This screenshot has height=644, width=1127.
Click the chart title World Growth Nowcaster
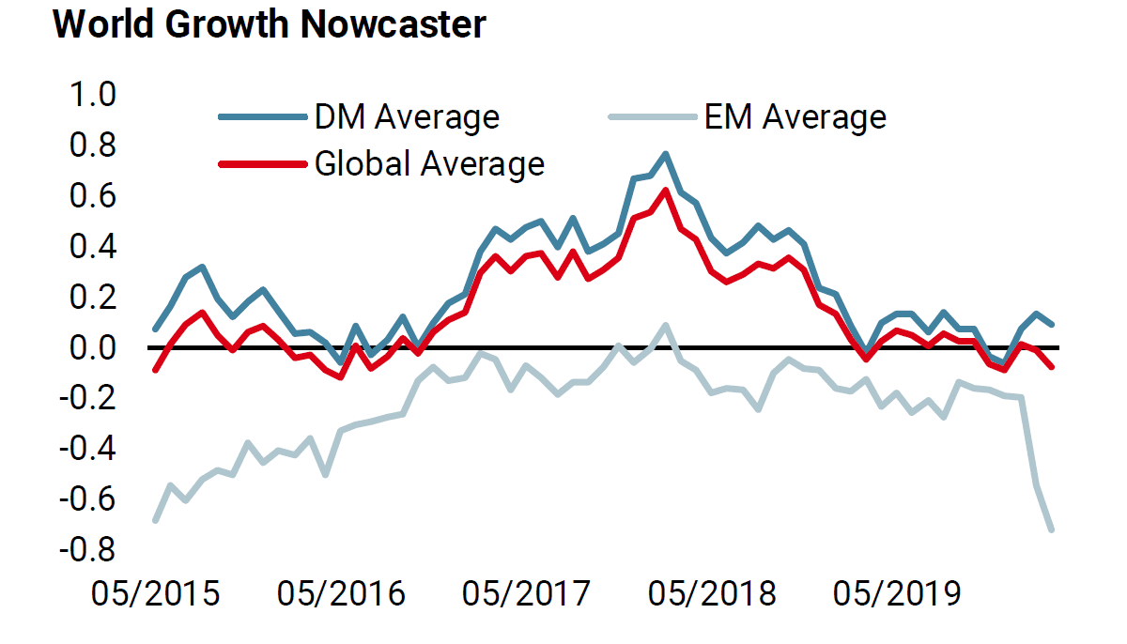(x=270, y=25)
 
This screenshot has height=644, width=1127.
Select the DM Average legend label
(x=407, y=117)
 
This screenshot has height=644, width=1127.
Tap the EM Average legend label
(x=795, y=117)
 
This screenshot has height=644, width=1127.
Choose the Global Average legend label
(x=429, y=163)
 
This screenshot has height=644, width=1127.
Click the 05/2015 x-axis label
(x=155, y=594)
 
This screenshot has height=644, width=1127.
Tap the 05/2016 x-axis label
(x=341, y=594)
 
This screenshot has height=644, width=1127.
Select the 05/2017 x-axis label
(x=527, y=594)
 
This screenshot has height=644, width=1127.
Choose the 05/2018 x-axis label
(x=713, y=594)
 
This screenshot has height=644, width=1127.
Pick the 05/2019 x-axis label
(x=899, y=594)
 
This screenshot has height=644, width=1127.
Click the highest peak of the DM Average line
(x=665, y=153)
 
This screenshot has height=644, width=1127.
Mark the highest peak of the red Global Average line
(x=665, y=191)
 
